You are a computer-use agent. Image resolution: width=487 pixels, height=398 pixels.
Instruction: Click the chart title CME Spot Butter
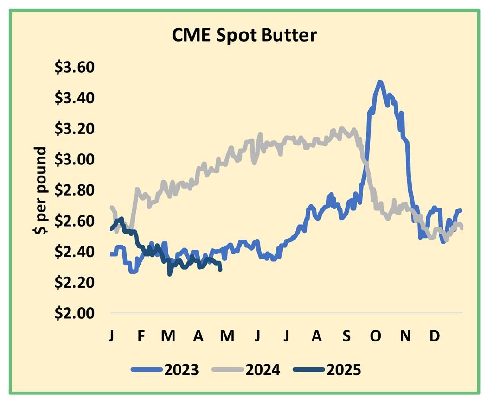[244, 35]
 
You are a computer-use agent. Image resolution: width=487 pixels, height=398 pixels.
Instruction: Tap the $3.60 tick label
[75, 68]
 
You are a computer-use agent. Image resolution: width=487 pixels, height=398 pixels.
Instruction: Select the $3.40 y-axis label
[75, 98]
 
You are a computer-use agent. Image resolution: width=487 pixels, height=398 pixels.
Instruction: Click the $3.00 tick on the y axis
[75, 159]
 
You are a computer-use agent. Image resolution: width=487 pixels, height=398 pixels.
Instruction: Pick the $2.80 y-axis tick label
[75, 190]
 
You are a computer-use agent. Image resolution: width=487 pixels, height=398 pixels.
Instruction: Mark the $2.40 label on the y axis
[75, 252]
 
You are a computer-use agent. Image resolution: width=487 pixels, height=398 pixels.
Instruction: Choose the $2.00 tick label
[75, 313]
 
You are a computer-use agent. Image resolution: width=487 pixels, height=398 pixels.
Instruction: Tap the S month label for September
[346, 335]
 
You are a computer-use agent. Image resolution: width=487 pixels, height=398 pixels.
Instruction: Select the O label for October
[376, 335]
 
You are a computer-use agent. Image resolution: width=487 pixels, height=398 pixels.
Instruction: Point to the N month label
[405, 335]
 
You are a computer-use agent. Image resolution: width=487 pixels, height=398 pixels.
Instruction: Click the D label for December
[434, 335]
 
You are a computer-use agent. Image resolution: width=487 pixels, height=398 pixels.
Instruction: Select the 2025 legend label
[343, 370]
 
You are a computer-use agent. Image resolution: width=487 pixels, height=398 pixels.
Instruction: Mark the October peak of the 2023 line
[380, 82]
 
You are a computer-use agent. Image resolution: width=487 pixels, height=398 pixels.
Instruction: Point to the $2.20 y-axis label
[75, 282]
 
